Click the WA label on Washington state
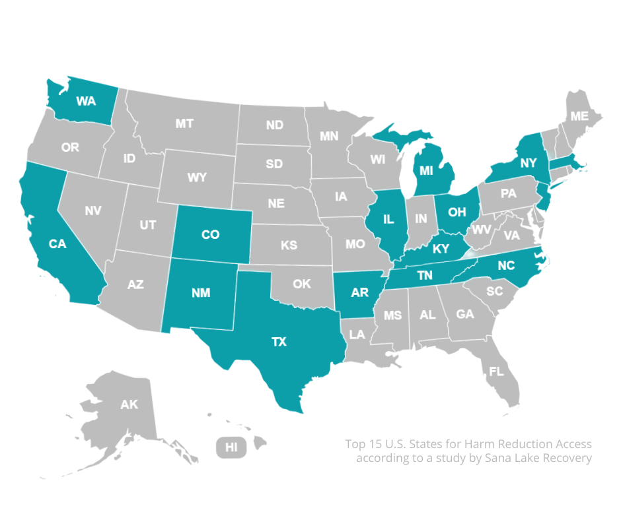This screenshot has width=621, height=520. [86, 101]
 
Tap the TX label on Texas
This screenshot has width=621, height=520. [279, 341]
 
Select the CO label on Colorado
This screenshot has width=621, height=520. [210, 234]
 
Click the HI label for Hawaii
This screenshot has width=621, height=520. [231, 447]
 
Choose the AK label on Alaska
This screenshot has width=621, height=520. [129, 405]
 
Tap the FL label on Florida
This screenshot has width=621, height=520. [495, 372]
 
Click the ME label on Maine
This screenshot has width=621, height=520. [579, 115]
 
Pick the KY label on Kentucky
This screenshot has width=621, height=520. [441, 249]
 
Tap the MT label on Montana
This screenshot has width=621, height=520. [184, 123]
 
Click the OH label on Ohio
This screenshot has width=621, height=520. [457, 211]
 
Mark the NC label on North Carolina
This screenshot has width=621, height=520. [506, 267]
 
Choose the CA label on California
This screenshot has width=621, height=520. [57, 244]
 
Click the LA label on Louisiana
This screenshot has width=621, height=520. [357, 335]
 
